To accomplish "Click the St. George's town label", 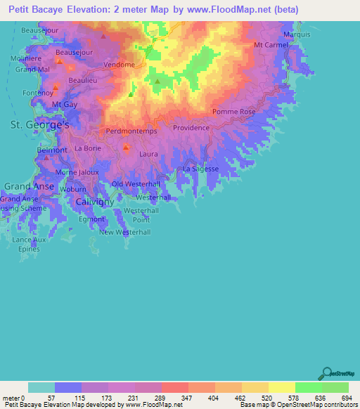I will click(39, 124).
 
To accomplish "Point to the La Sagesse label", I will click(200, 169).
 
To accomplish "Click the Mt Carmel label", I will click(271, 45).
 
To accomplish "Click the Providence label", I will click(191, 128).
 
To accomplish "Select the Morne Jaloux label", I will click(77, 172).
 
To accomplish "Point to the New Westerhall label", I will click(125, 232).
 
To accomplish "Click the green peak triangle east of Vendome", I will click(157, 82).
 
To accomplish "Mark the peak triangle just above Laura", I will click(127, 148).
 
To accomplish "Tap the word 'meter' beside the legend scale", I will click(11, 398).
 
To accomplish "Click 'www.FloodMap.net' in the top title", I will click(227, 10).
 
